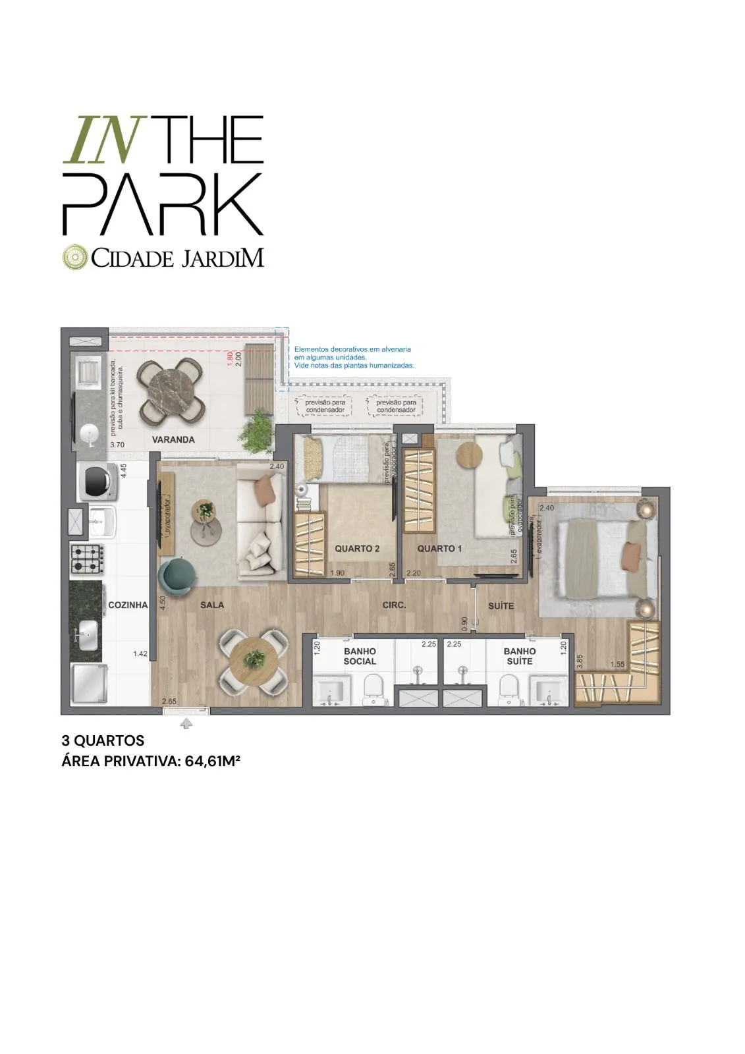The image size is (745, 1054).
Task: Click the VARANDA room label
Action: click(173, 439)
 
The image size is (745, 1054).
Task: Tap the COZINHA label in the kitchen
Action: click(128, 605)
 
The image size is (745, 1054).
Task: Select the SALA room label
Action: click(212, 605)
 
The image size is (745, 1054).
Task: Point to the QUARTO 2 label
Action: click(357, 549)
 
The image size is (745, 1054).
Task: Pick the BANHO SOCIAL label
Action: click(360, 656)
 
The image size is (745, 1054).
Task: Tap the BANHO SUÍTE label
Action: click(520, 656)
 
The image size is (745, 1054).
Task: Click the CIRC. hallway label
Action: click(394, 605)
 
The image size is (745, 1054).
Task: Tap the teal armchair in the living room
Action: click(177, 575)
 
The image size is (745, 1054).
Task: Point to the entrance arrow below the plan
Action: click(186, 724)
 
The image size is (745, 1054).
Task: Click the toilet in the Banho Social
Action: click(373, 689)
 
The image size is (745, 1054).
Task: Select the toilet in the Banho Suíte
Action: click(509, 689)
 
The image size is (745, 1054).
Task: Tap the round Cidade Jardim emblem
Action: click(74, 257)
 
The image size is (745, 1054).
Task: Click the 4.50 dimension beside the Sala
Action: click(162, 604)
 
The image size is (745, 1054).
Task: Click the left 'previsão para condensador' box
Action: click(325, 406)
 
